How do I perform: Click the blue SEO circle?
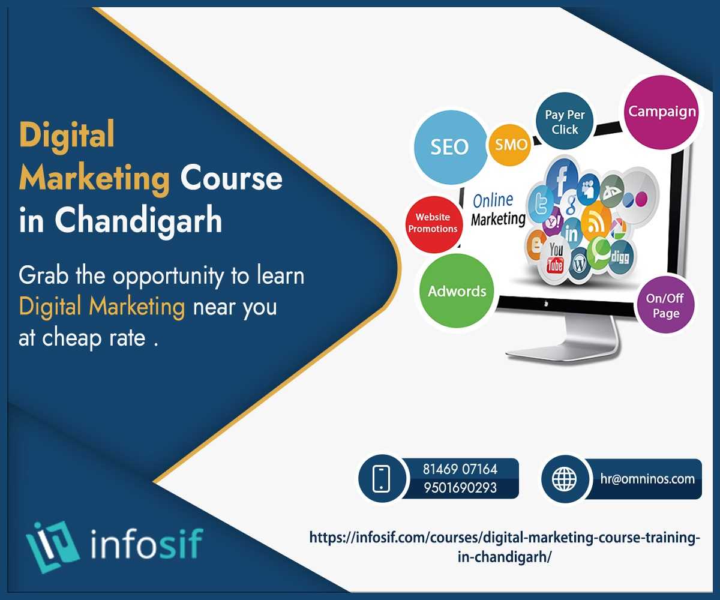pyautogui.click(x=450, y=147)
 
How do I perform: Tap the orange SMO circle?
pyautogui.click(x=510, y=145)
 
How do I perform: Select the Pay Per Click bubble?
pyautogui.click(x=565, y=121)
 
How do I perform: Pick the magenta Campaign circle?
pyautogui.click(x=662, y=112)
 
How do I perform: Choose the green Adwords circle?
pyautogui.click(x=457, y=291)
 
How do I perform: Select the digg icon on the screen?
pyautogui.click(x=620, y=257)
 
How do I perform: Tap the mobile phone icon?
pyautogui.click(x=382, y=479)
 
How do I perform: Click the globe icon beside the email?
pyautogui.click(x=564, y=479)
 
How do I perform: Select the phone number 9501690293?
pyautogui.click(x=460, y=488)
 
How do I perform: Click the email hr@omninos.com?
pyautogui.click(x=647, y=479)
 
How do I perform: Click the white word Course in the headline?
pyautogui.click(x=232, y=178)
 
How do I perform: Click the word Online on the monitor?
pyautogui.click(x=493, y=200)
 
